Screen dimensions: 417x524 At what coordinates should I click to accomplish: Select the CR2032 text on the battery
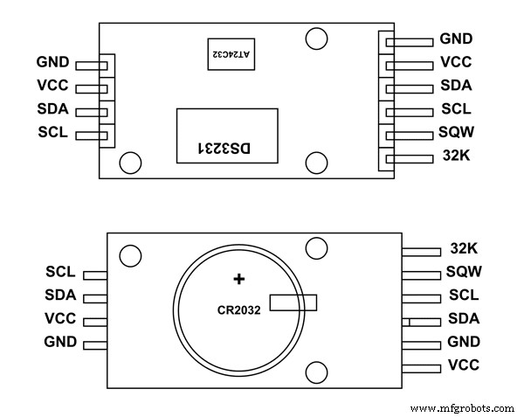pos(239,309)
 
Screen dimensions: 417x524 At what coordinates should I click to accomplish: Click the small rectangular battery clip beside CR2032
pos(293,302)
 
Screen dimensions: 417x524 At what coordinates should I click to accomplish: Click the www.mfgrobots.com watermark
pos(462,407)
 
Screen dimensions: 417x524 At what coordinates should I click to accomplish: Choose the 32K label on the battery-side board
pos(464,250)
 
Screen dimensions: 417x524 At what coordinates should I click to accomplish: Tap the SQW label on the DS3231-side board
pos(456,135)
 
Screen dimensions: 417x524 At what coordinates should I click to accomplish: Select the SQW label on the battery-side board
pos(464,273)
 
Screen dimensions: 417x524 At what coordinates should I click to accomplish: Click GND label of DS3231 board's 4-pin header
pos(53,63)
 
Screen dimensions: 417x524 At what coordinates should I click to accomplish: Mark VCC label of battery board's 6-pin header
pos(464,365)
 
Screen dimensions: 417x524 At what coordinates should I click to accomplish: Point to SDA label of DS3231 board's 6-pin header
pos(456,87)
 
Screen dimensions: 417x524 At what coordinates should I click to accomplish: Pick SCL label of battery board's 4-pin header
pos(59,273)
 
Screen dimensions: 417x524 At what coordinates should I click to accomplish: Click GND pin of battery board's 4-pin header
pos(95,342)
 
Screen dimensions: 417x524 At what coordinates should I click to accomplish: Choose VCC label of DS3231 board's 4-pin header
pos(53,87)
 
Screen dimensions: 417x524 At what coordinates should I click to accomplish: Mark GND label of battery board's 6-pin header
pos(464,342)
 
